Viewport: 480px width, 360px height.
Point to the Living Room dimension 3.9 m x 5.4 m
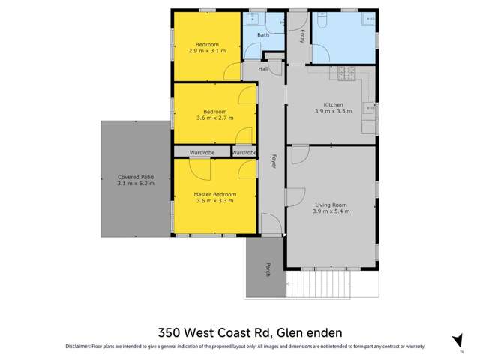(331, 211)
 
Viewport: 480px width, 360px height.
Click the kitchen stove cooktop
(347, 73)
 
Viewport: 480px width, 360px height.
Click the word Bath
(263, 35)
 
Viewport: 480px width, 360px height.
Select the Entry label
(301, 35)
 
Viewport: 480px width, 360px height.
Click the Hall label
(263, 69)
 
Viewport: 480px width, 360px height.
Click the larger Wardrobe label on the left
(202, 152)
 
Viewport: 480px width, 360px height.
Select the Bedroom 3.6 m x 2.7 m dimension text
(215, 118)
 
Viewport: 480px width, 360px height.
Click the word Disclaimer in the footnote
(77, 346)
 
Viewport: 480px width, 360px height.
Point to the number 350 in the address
(170, 331)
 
